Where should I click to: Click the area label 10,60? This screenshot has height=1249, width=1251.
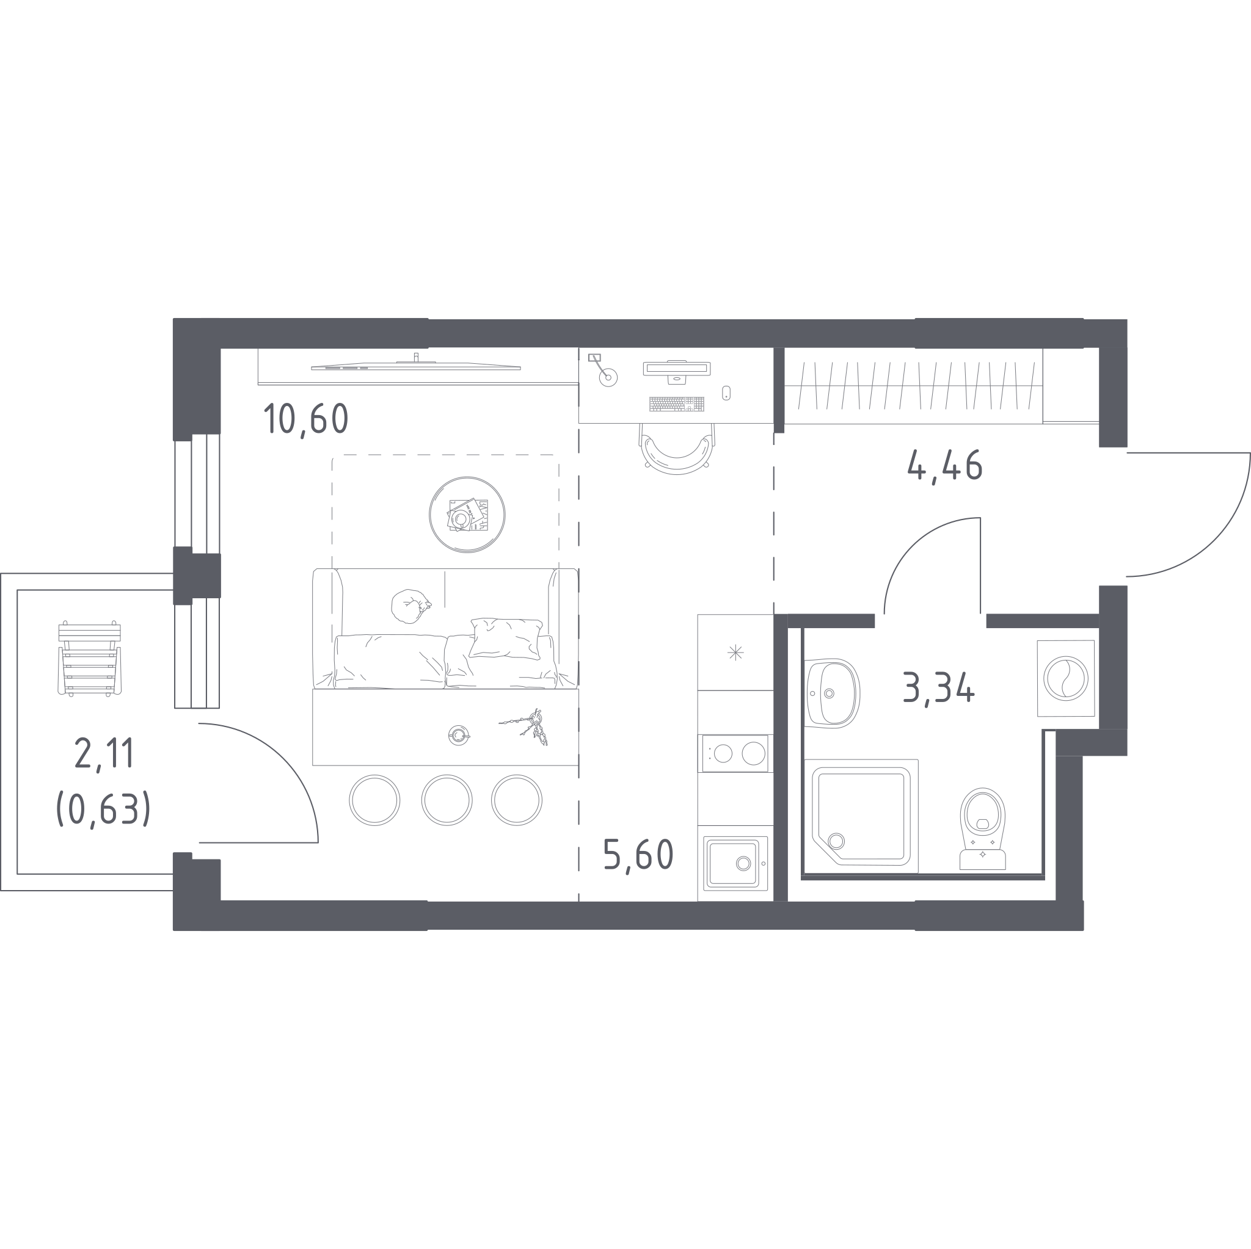coord(306,419)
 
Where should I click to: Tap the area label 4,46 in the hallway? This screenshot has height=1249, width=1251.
coord(945,465)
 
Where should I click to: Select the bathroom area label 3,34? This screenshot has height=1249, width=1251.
coord(938,688)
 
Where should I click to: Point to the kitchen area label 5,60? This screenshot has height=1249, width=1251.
coord(638,855)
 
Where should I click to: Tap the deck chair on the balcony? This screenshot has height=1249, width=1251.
coord(89,658)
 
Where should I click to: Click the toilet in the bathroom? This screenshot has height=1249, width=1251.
coord(982,828)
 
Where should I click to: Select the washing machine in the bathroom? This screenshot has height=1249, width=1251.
coord(1066,678)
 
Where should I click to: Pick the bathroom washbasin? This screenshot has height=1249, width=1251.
coord(833,693)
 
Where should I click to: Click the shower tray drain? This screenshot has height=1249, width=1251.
coord(836,841)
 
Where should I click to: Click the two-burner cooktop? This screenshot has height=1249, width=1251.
coord(735,753)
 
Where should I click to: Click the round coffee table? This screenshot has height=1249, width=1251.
coord(467,515)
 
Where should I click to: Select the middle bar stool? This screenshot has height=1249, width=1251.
coord(447,800)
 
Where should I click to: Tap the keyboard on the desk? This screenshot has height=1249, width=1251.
coord(677,404)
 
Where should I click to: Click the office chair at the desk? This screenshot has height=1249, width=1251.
coord(677,449)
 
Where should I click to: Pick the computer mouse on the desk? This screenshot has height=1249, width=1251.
coord(726,393)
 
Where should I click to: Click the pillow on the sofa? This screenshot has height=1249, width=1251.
coord(506,638)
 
